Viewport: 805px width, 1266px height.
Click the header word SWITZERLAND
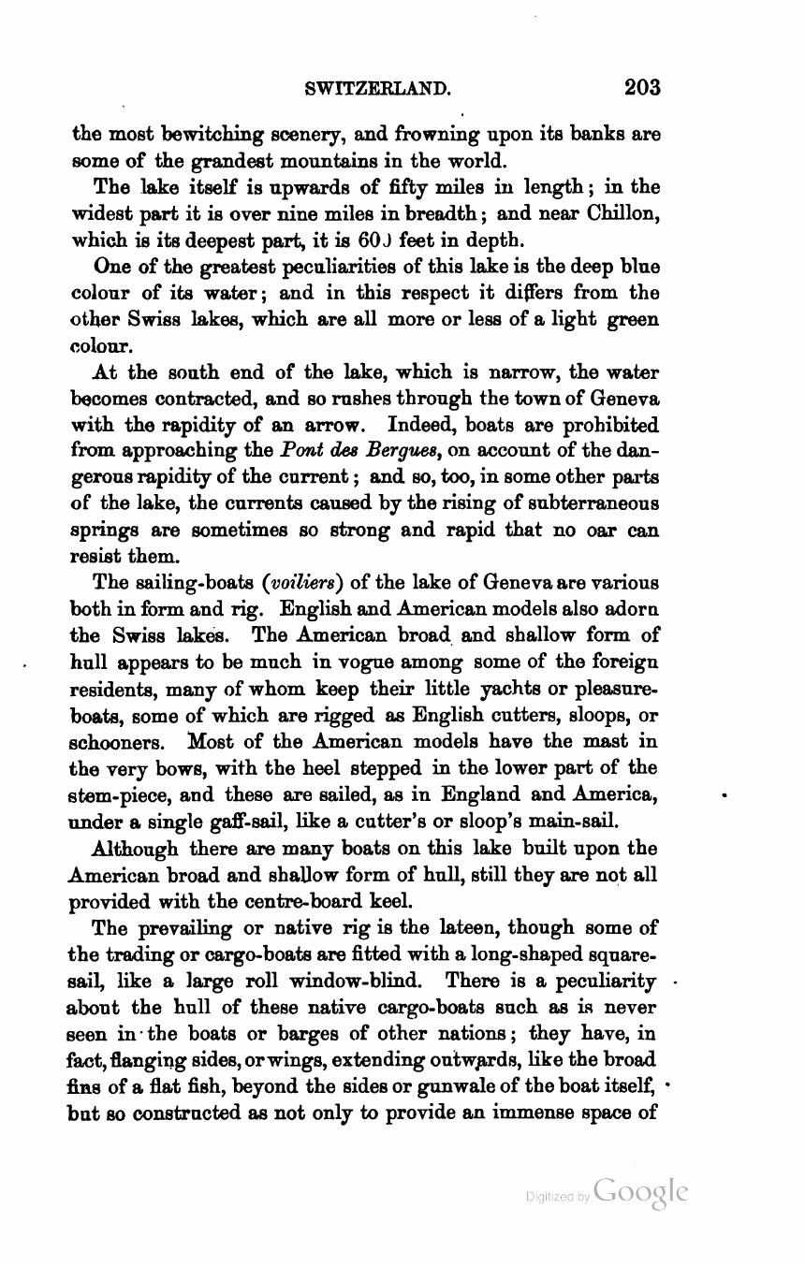point(379,89)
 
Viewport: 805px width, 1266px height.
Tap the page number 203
point(642,88)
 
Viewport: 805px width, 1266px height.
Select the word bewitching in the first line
point(185,134)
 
